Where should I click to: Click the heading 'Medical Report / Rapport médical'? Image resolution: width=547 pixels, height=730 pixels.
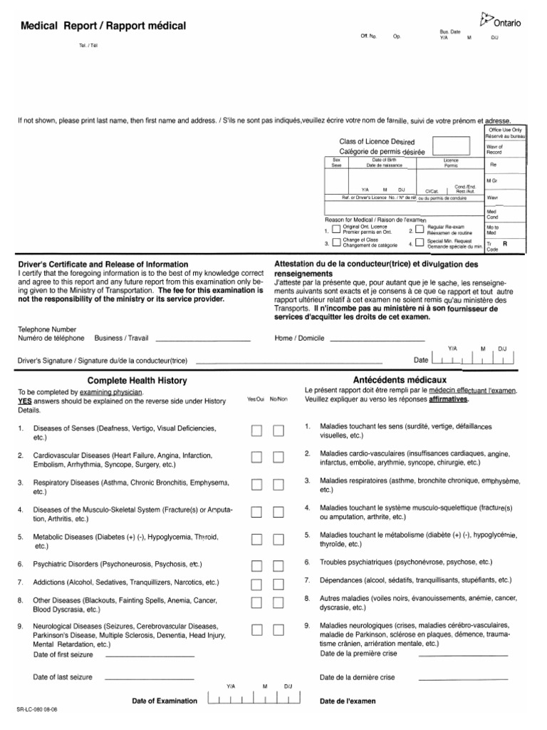pyautogui.click(x=103, y=26)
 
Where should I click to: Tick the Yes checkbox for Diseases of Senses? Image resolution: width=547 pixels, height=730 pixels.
pyautogui.click(x=256, y=430)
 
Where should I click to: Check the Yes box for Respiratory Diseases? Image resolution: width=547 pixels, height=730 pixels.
pyautogui.click(x=256, y=485)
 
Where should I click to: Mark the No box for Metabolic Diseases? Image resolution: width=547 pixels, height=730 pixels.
pyautogui.click(x=278, y=539)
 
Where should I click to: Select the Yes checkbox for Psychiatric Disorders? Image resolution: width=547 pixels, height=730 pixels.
pyautogui.click(x=256, y=566)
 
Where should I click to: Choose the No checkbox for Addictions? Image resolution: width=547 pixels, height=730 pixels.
pyautogui.click(x=278, y=583)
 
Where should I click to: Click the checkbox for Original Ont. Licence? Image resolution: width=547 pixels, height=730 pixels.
pyautogui.click(x=336, y=229)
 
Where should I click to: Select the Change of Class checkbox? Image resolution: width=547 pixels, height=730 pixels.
pyautogui.click(x=336, y=242)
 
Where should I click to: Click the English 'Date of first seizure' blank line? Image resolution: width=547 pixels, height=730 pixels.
pyautogui.click(x=150, y=655)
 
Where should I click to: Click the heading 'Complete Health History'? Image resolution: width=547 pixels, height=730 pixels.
pyautogui.click(x=136, y=380)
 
